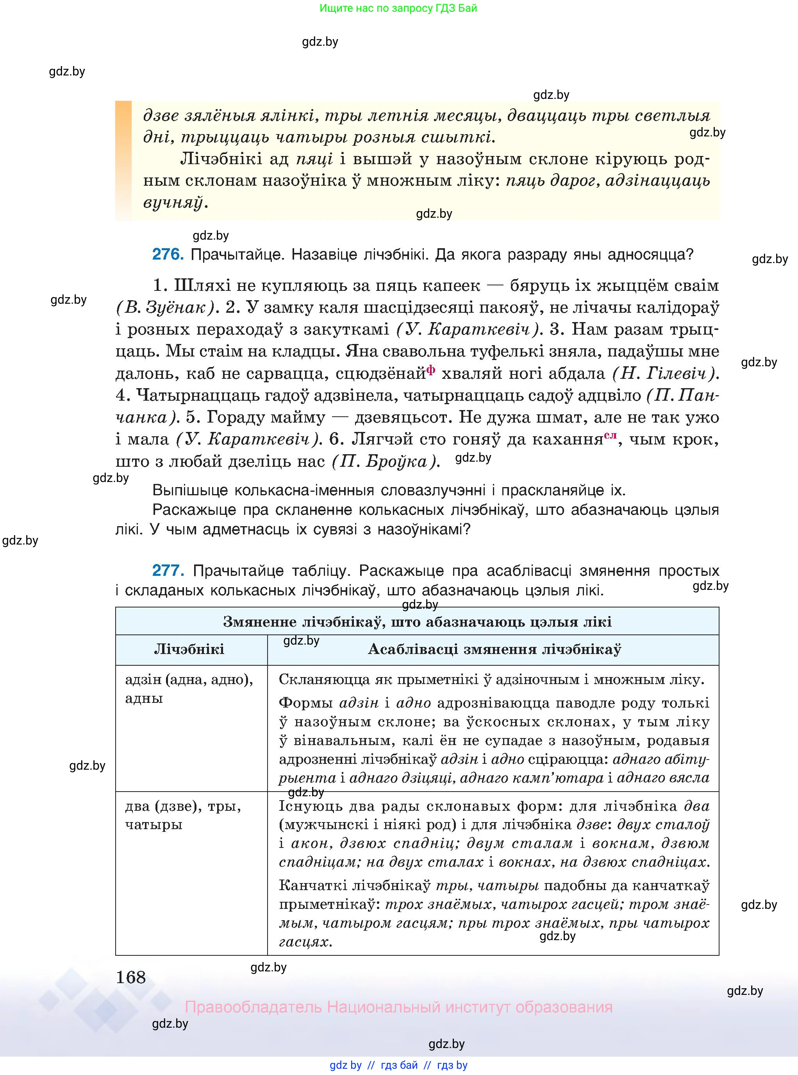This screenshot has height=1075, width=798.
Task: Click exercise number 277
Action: [168, 570]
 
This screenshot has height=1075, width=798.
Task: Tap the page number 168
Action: [130, 977]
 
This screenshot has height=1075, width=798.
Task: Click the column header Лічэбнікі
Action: [189, 649]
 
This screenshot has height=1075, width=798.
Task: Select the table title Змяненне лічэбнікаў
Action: [417, 622]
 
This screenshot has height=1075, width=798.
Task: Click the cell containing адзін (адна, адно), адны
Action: [189, 688]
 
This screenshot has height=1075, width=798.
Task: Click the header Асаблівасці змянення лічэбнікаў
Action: [494, 649]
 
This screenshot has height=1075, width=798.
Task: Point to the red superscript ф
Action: [430, 370]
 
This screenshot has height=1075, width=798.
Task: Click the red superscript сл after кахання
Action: [610, 435]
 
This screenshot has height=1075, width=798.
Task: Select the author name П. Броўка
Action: [386, 462]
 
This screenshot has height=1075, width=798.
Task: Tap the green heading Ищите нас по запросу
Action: [398, 8]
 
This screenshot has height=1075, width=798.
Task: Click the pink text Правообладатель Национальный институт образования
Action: [398, 1007]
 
